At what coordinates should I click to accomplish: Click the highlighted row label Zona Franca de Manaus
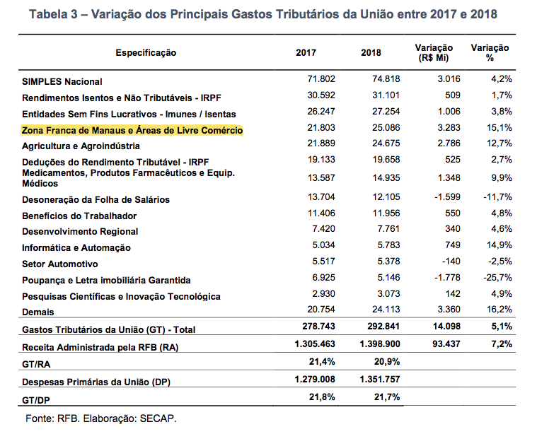pyautogui.click(x=132, y=131)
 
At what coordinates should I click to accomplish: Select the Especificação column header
pyautogui.click(x=146, y=53)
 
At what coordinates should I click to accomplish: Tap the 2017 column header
pyautogui.click(x=306, y=53)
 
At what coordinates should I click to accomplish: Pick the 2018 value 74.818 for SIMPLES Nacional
pyautogui.click(x=386, y=79)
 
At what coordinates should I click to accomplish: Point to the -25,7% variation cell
pyautogui.click(x=497, y=278)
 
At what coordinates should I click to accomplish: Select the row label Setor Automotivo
pyautogui.click(x=60, y=264)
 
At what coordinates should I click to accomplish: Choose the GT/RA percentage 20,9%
pyautogui.click(x=384, y=361)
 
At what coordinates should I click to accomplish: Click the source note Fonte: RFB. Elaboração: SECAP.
pyautogui.click(x=100, y=418)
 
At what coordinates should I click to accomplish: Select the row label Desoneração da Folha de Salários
pyautogui.click(x=96, y=200)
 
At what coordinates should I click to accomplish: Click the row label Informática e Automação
pyautogui.click(x=76, y=247)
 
